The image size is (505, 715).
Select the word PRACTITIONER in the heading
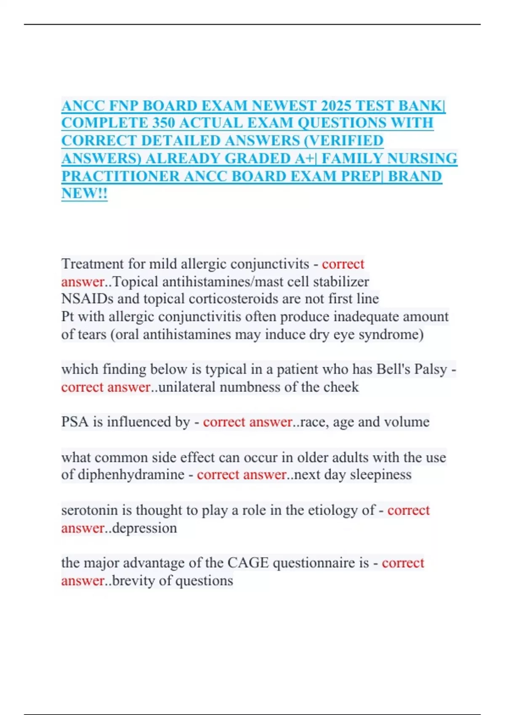tap(120, 176)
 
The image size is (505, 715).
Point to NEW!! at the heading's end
tap(84, 193)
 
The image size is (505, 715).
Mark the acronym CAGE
tap(248, 563)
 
